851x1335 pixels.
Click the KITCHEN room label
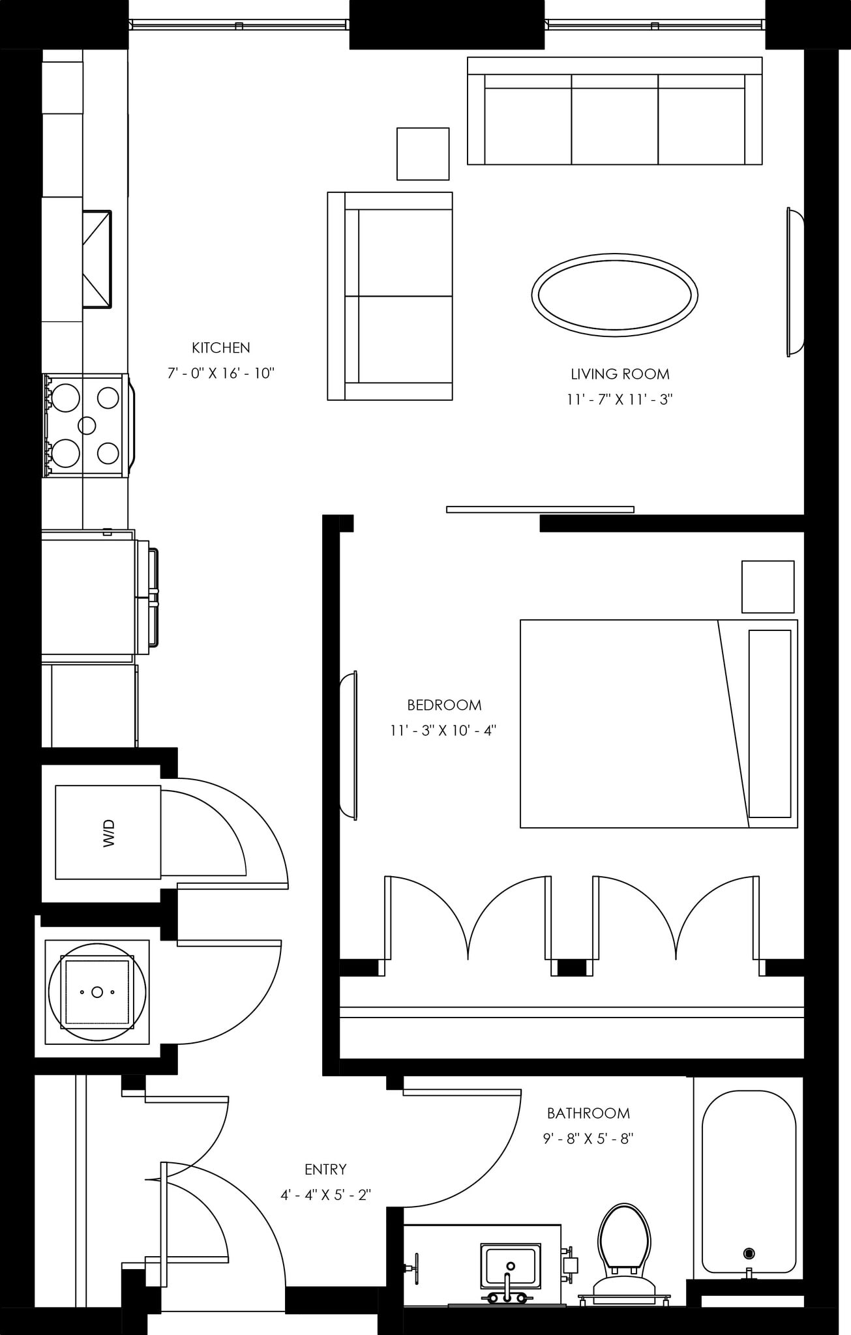(x=220, y=347)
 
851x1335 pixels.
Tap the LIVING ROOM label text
(x=620, y=374)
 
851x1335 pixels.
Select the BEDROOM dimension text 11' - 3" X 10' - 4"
(x=443, y=731)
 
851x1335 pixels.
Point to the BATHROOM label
(x=588, y=1113)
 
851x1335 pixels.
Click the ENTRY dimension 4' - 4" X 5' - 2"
(x=325, y=1195)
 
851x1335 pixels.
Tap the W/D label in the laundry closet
(x=108, y=832)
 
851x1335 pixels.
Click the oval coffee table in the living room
(x=614, y=295)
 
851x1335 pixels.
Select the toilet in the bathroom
(x=625, y=1246)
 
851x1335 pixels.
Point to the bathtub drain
(x=749, y=1253)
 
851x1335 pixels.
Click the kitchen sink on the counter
(x=97, y=259)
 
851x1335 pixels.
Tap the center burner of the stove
(x=87, y=425)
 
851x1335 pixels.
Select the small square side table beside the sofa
(x=423, y=154)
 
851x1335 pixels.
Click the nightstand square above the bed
(x=768, y=586)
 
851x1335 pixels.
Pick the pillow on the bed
(x=769, y=724)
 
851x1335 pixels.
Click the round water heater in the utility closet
(x=97, y=991)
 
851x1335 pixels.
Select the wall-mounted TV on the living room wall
(x=795, y=282)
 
